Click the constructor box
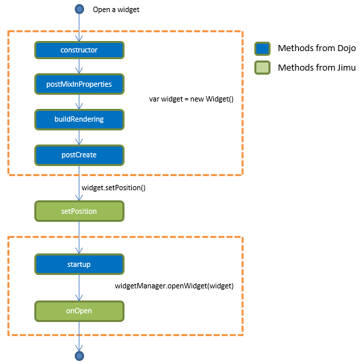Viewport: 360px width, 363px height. tap(79, 50)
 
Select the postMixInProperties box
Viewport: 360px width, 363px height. tap(79, 84)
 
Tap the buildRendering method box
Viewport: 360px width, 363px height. tap(79, 119)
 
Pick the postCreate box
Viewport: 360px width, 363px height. tap(79, 155)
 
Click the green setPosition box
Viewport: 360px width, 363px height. tap(79, 211)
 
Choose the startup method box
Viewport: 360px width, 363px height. tap(79, 264)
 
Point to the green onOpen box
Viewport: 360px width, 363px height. tap(79, 311)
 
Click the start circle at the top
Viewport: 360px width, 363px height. tap(79, 9)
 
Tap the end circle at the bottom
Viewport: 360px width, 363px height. tap(79, 355)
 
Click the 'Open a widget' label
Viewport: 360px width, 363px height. tap(116, 10)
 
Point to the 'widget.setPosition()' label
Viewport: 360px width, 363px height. tap(113, 188)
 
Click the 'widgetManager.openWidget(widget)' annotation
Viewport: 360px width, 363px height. tap(174, 286)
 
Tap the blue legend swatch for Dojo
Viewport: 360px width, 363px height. tap(262, 49)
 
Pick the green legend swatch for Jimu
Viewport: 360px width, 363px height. tap(262, 68)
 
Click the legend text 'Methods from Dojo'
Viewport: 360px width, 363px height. tap(317, 49)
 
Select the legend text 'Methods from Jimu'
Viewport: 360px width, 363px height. tap(316, 68)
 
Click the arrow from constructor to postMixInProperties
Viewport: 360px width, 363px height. tap(79, 67)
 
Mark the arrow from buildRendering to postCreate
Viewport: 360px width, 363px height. tap(79, 137)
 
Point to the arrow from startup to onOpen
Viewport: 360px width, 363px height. tap(79, 288)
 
